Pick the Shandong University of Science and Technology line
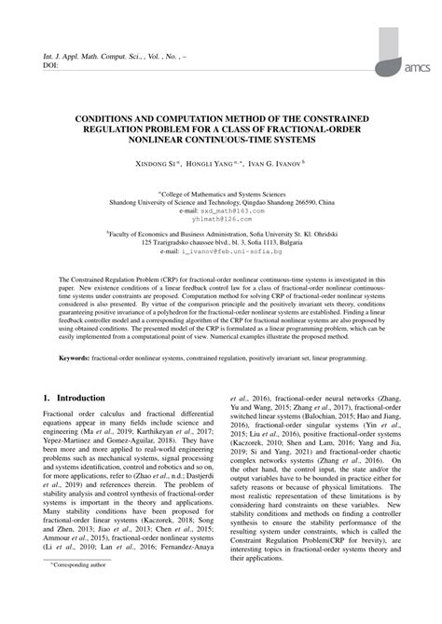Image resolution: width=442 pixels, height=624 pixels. pos(221,201)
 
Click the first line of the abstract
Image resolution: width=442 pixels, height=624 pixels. pos(221,279)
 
